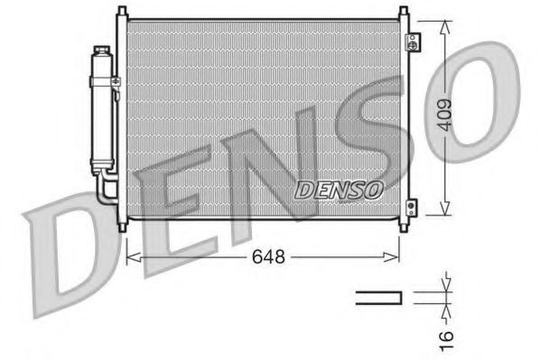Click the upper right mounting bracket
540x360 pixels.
pos(413,42)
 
